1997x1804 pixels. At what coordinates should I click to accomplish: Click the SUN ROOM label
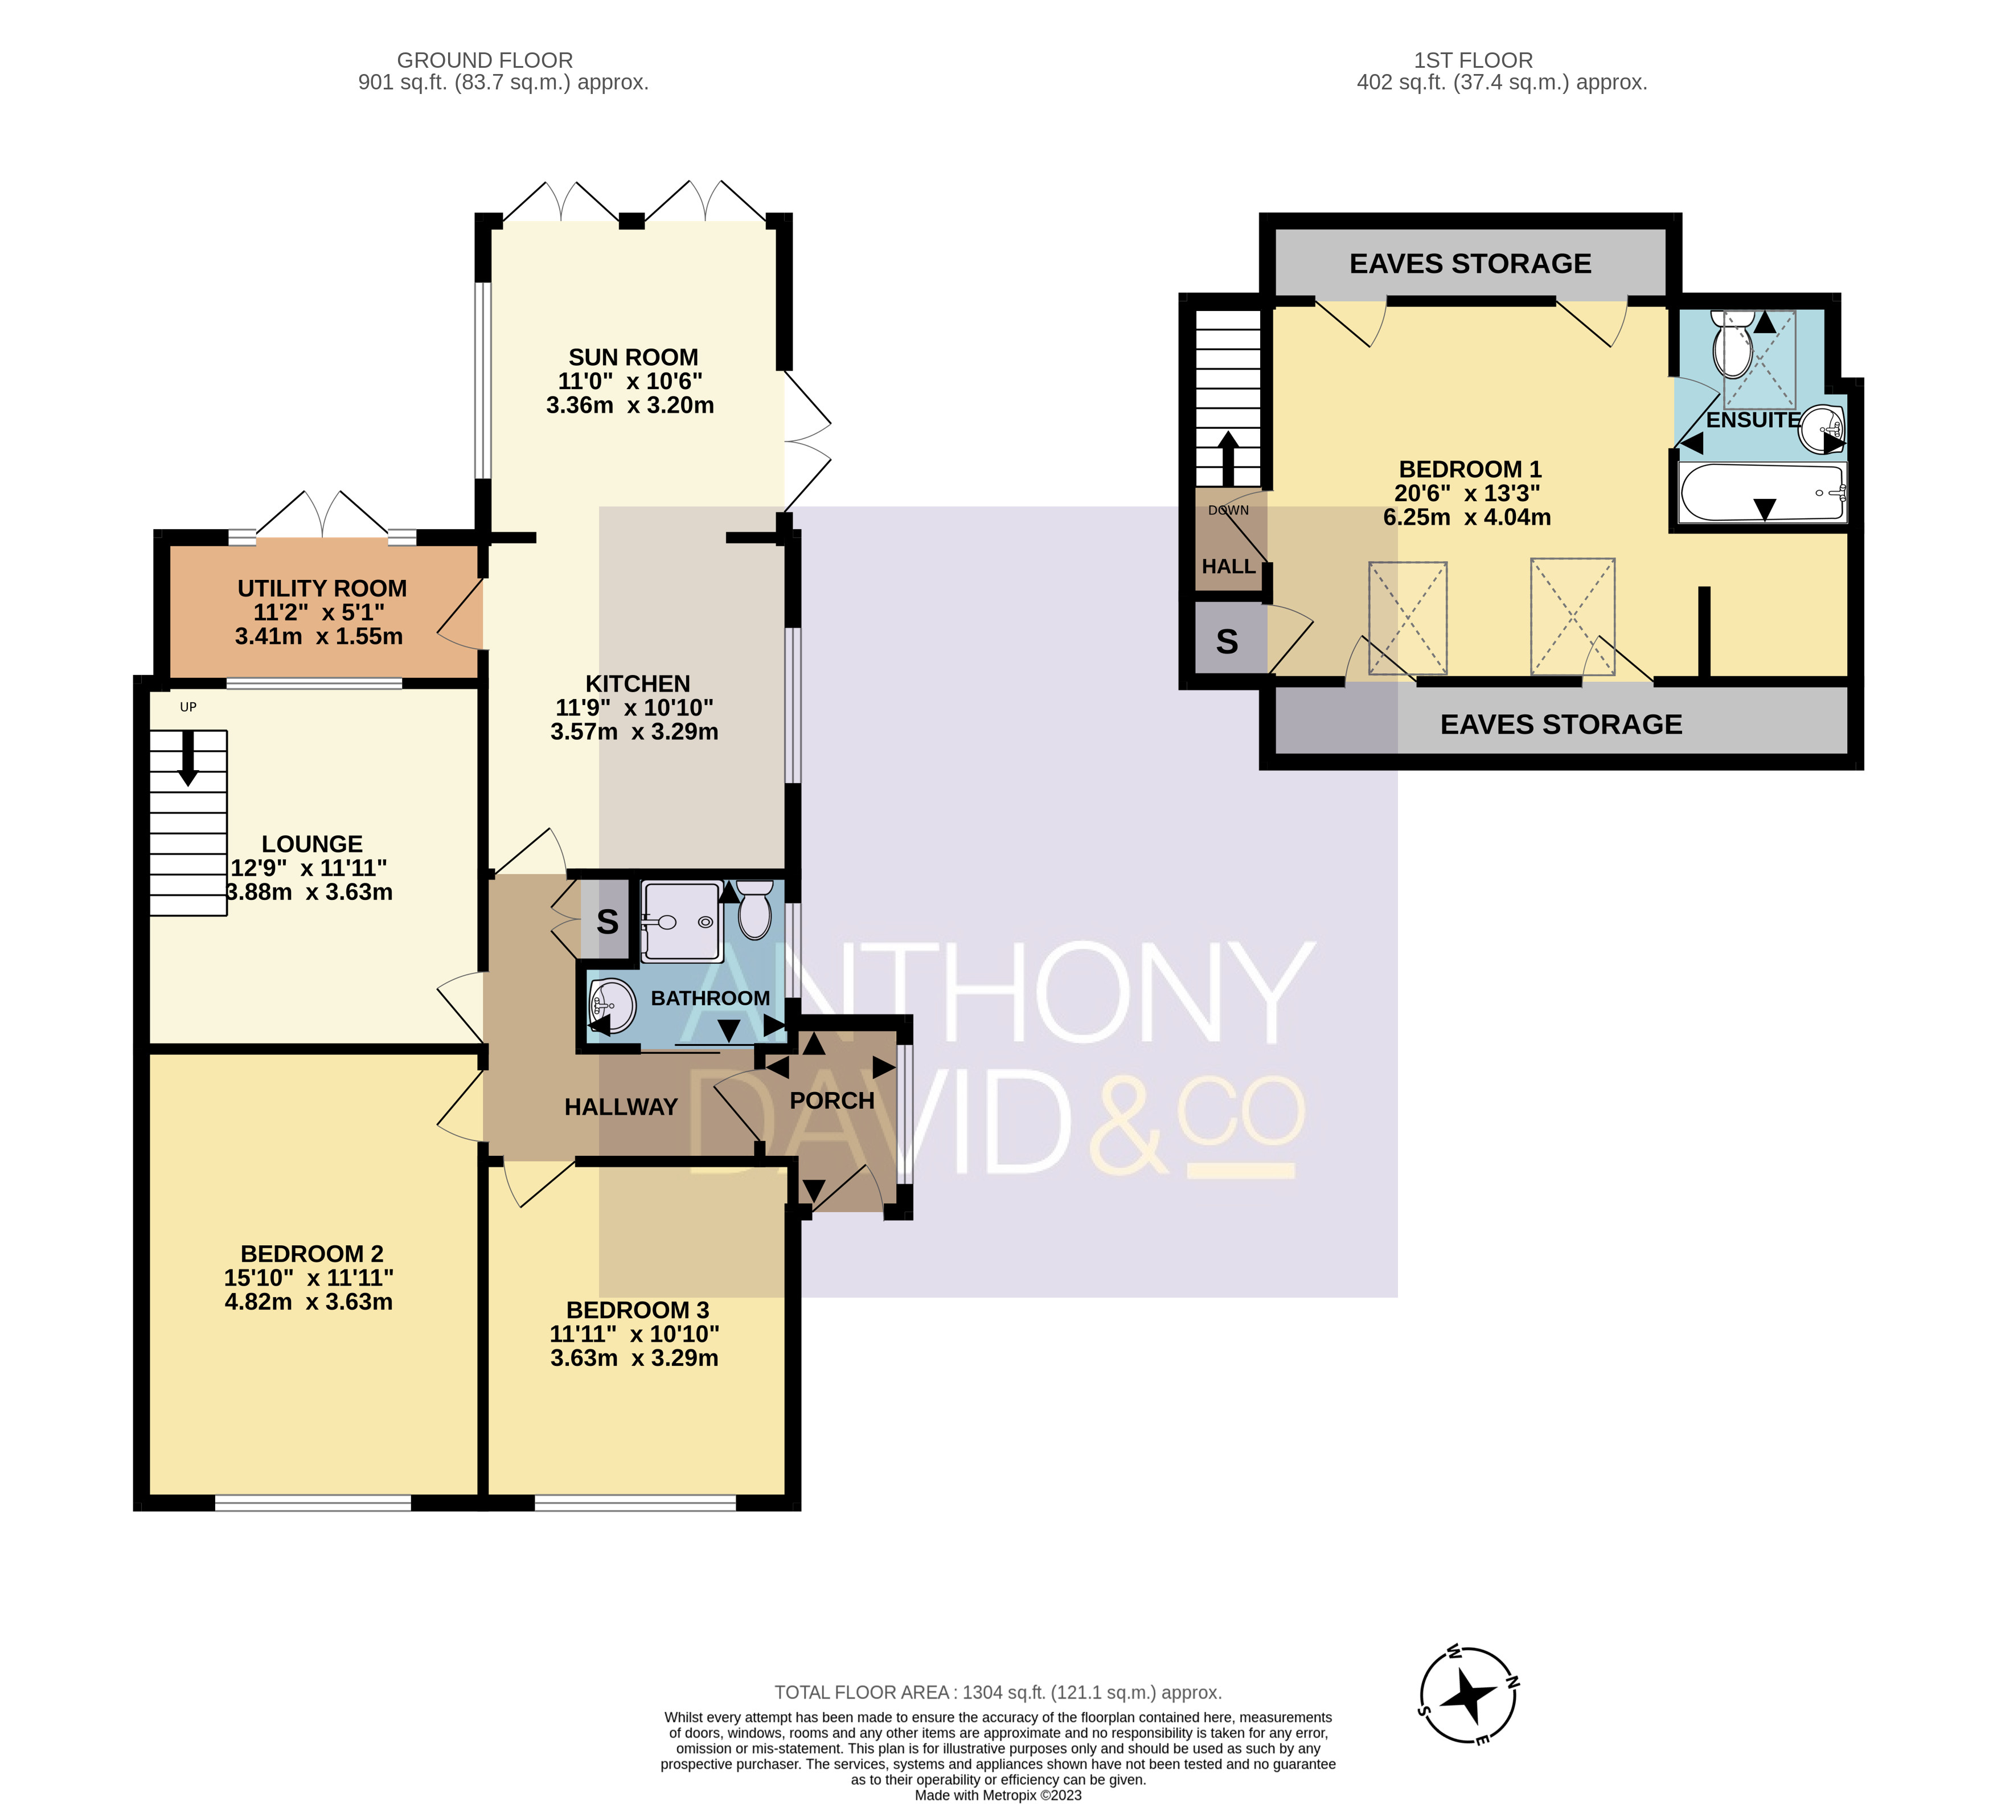tap(633, 357)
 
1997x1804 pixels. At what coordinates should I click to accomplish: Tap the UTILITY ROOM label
tap(322, 588)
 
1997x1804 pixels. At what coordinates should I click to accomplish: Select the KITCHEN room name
tap(637, 684)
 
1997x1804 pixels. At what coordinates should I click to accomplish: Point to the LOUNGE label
tap(312, 844)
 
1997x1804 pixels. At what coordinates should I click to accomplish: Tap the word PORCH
tap(832, 1101)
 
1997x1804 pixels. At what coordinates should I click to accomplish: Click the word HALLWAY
tap(621, 1107)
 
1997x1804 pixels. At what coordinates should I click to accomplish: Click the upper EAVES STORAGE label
tap(1470, 264)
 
